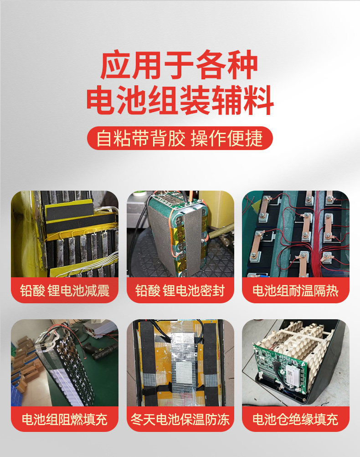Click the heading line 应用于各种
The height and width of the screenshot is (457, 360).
click(179, 65)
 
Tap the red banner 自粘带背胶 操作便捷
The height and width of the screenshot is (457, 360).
click(180, 138)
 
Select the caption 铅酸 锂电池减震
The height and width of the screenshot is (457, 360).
click(65, 291)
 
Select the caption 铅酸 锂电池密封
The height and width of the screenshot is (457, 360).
click(180, 291)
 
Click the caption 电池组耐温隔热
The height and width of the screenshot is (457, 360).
click(296, 291)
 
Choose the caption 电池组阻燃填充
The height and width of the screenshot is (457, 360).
click(65, 420)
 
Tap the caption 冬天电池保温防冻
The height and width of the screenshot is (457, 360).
click(180, 420)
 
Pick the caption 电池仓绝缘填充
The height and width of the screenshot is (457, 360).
click(296, 420)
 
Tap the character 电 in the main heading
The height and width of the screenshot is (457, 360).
click(101, 100)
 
